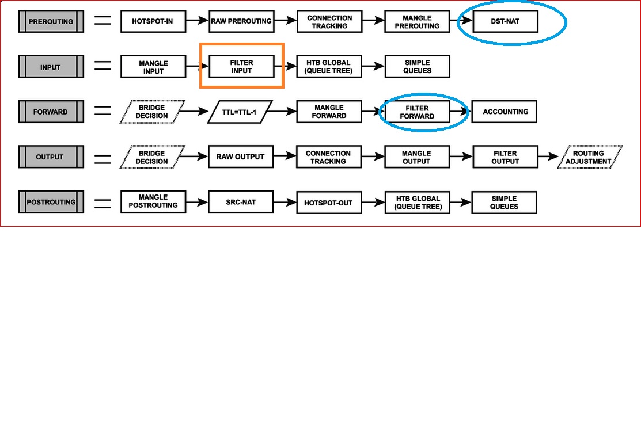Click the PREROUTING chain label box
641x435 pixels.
(x=51, y=22)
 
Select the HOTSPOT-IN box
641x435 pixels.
(x=153, y=21)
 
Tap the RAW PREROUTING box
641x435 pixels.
(x=241, y=21)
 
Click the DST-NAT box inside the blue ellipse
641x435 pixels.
(x=505, y=21)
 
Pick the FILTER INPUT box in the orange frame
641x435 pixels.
(x=241, y=67)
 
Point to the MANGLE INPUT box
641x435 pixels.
(x=153, y=67)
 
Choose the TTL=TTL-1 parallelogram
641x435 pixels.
(x=239, y=112)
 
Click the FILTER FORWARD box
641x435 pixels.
(x=417, y=112)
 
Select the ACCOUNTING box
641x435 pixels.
(x=505, y=112)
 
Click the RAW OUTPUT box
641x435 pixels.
(x=241, y=157)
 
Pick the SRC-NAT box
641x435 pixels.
(x=241, y=203)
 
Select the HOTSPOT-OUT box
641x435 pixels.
(x=329, y=203)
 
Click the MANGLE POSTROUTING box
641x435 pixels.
(x=153, y=203)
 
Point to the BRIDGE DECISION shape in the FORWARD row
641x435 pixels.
(x=151, y=112)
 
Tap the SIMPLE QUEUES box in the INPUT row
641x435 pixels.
(x=416, y=67)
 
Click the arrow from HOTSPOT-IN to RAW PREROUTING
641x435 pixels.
(x=196, y=21)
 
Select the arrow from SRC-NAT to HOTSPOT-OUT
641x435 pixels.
(x=285, y=203)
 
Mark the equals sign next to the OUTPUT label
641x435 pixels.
(x=103, y=157)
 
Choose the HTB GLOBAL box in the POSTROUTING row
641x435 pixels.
(x=416, y=203)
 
